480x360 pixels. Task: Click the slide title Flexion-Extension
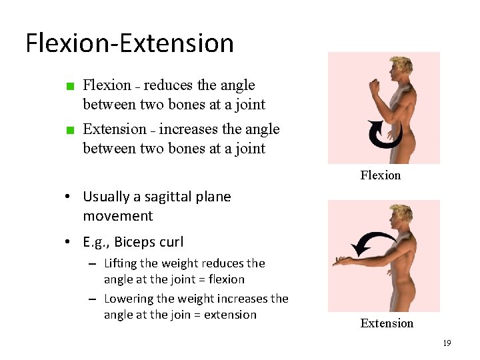130,43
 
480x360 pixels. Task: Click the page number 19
447,343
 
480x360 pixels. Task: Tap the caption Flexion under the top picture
381,175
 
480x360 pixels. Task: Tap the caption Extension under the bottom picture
387,323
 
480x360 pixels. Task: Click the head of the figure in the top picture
403,66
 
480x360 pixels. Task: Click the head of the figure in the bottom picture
403,215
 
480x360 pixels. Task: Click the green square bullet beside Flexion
69,86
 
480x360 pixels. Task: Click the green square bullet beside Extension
69,130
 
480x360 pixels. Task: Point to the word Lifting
123,263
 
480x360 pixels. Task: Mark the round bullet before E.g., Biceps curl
69,242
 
